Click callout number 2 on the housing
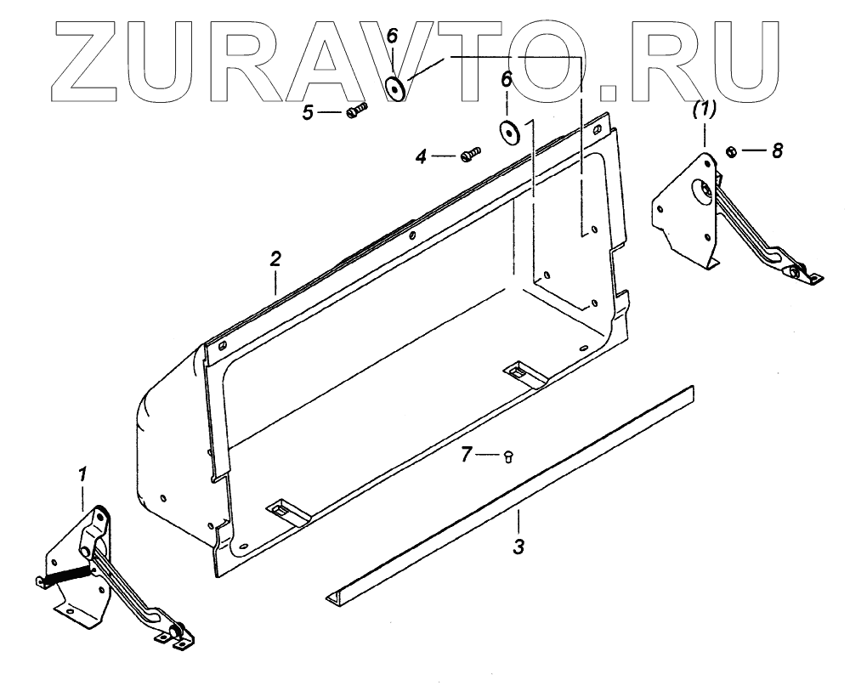click(275, 259)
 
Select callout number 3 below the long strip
click(518, 546)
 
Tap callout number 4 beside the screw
click(420, 156)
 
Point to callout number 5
click(308, 112)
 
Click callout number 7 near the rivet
click(466, 456)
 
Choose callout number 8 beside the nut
click(776, 150)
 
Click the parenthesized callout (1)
click(705, 109)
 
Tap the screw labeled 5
click(357, 110)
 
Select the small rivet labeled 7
click(507, 456)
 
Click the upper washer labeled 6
click(395, 87)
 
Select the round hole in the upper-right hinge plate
click(704, 190)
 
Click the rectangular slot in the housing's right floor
click(517, 371)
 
